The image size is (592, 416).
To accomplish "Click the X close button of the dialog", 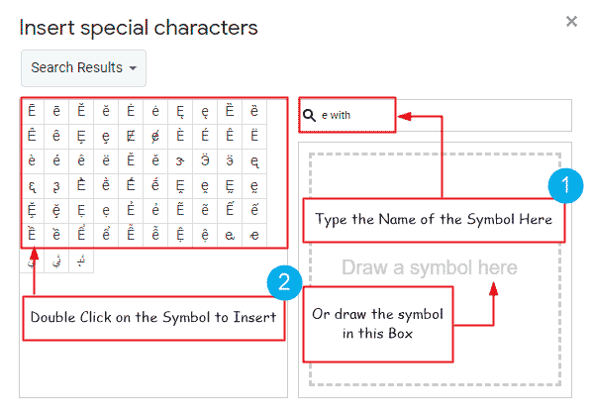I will (x=571, y=21).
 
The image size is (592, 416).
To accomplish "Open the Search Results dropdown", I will (x=83, y=68).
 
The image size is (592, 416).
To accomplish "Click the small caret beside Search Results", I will (x=133, y=69).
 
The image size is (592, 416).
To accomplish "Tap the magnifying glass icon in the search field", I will (x=309, y=115).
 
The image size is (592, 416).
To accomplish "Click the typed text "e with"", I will (x=337, y=115).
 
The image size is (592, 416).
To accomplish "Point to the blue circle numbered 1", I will (x=564, y=185).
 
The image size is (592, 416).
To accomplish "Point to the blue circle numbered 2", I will (x=284, y=283).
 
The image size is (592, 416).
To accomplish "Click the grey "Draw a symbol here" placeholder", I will (x=429, y=267).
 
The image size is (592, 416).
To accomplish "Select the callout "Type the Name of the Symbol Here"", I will (x=434, y=219).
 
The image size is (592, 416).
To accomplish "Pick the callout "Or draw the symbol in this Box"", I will (x=376, y=323).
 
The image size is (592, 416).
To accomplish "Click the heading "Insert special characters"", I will (x=139, y=27).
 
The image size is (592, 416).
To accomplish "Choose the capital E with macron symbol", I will (x=32, y=111).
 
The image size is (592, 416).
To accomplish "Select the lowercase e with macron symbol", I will (x=56, y=111).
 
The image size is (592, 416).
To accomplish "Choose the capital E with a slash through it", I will (x=132, y=136).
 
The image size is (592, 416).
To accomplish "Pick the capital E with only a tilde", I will (x=180, y=210).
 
